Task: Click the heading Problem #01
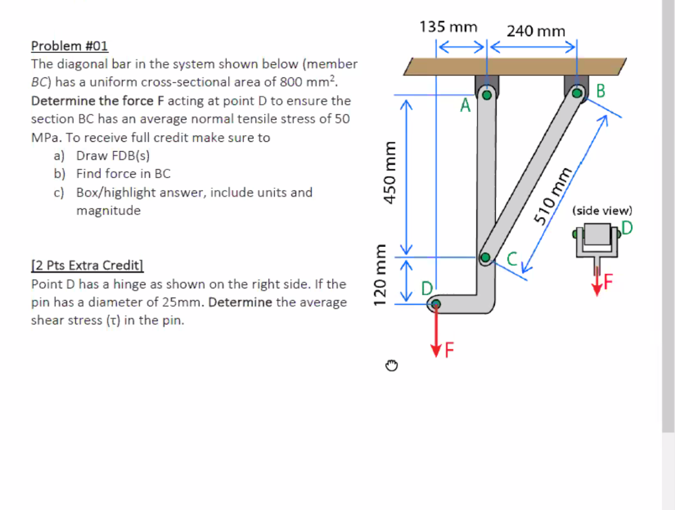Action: pos(69,46)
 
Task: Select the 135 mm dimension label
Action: pos(448,27)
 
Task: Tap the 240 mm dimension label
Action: pos(536,31)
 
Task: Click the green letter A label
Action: pos(465,106)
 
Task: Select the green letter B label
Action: pos(600,91)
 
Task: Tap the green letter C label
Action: pos(514,261)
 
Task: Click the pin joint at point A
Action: pos(487,95)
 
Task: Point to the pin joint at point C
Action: pos(486,257)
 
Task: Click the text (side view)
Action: pos(602,210)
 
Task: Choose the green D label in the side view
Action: pos(626,228)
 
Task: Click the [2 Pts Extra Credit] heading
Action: pos(87,265)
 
